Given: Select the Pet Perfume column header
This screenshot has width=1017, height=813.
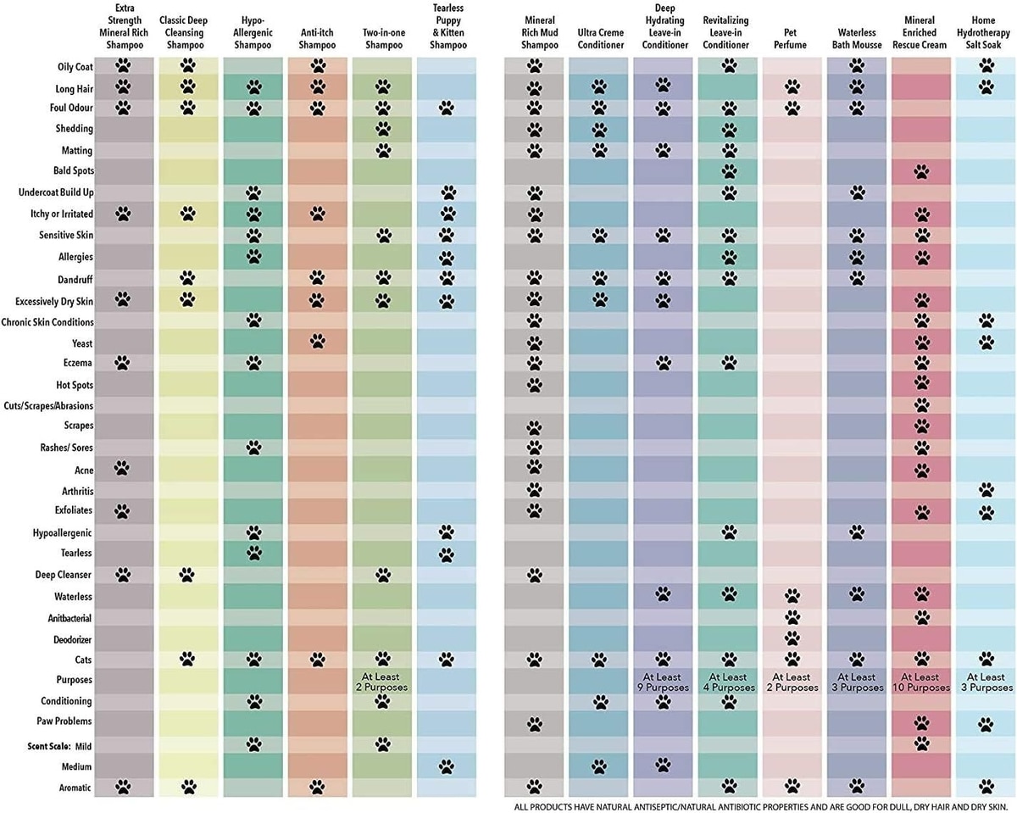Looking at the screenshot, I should coord(791,38).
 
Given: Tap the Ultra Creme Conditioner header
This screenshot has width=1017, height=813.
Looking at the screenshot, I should coord(599,38).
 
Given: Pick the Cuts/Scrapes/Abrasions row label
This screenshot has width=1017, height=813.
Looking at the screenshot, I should coord(49,405).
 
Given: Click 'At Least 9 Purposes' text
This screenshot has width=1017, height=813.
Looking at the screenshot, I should coord(663,682).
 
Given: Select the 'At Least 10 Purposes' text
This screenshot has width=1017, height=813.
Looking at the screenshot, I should coord(921,682).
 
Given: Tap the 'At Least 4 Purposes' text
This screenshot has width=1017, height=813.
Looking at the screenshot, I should coord(727,682).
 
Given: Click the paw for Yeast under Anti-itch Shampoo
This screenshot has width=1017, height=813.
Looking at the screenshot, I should coord(317,342).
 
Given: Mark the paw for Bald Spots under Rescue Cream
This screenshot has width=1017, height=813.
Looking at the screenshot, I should coord(921,172).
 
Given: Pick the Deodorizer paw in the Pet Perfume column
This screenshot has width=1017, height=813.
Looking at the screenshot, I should coord(792,638).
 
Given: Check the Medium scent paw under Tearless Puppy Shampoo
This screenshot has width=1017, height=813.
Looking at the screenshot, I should coord(447,766).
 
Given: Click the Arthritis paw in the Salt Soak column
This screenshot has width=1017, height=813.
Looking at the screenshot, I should coord(986,490).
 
